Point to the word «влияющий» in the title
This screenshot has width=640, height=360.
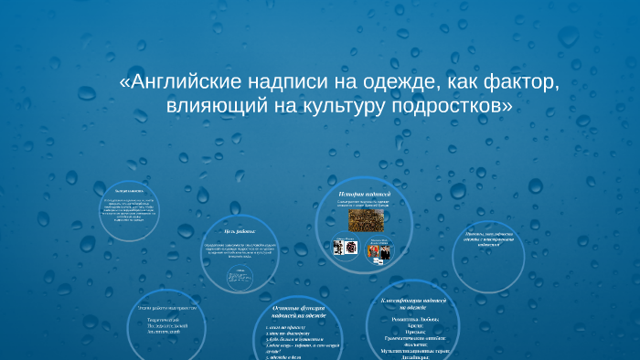point(219,107)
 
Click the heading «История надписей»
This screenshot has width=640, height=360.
point(365,195)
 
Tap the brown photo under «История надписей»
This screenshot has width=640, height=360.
point(365,222)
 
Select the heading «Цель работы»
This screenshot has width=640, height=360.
point(235,230)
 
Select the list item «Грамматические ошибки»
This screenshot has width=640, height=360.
point(411,339)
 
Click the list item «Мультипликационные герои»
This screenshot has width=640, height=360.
point(411,352)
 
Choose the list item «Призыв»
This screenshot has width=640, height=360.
point(411,333)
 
